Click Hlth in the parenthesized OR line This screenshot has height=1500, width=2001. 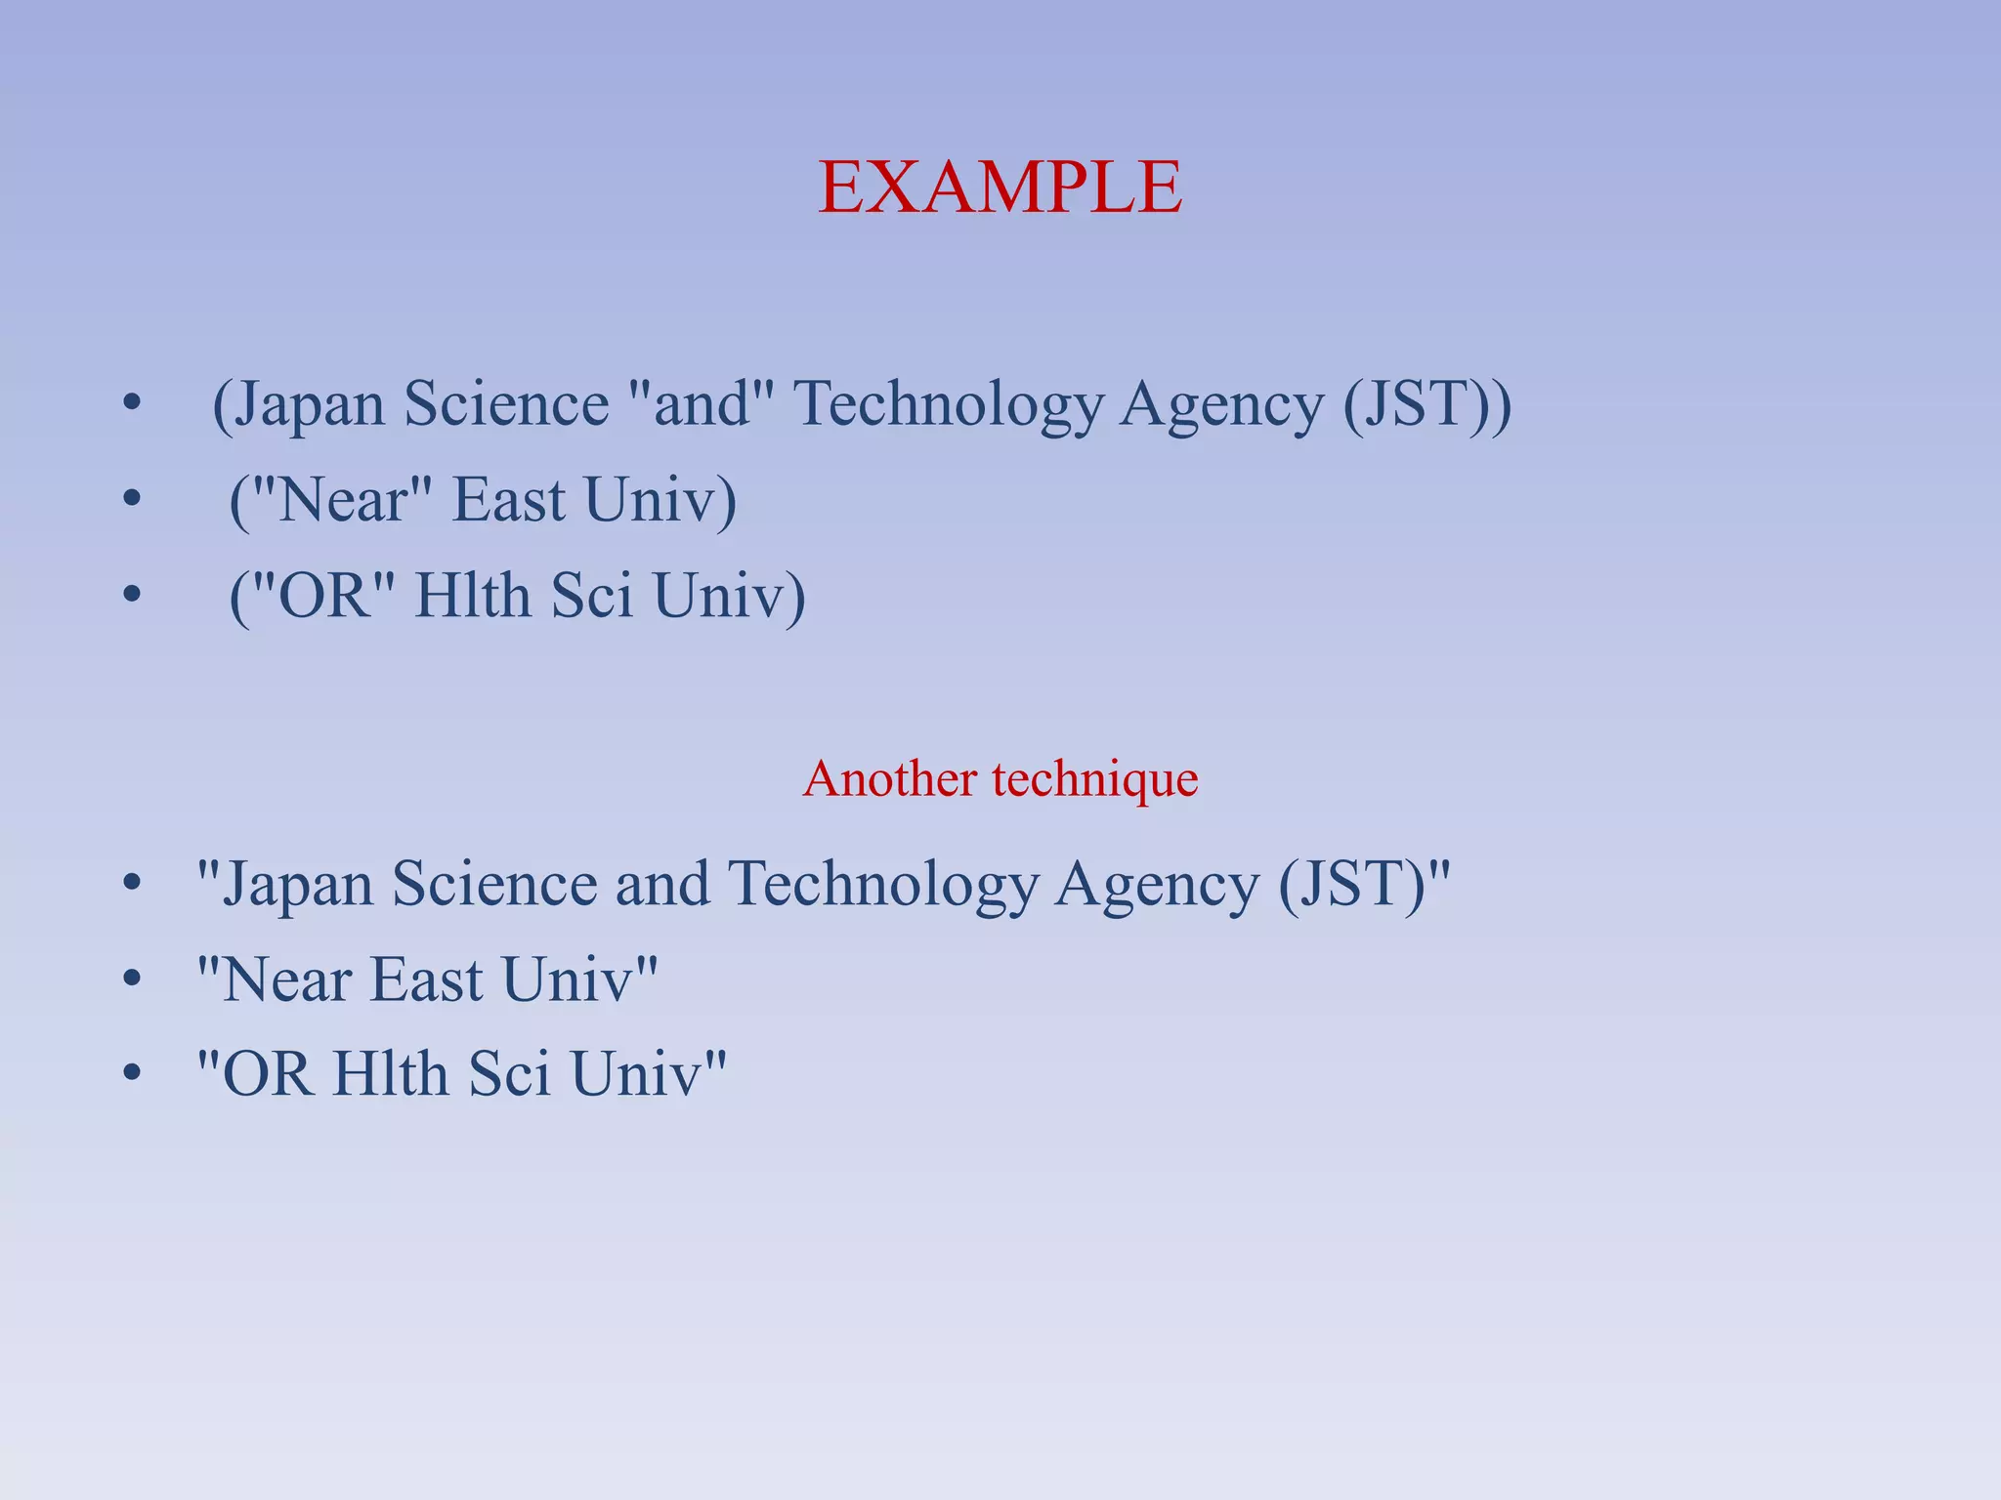pyautogui.click(x=471, y=596)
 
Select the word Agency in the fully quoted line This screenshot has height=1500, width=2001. pyautogui.click(x=1157, y=885)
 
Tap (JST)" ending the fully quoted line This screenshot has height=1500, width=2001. pyautogui.click(x=1364, y=885)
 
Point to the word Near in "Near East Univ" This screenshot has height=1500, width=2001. pyautogui.click(x=285, y=979)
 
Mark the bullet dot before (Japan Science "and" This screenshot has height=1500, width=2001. pyautogui.click(x=132, y=403)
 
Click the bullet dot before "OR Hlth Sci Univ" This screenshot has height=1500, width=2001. pyautogui.click(x=132, y=1074)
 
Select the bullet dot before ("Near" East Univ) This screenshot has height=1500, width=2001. pyautogui.click(x=132, y=500)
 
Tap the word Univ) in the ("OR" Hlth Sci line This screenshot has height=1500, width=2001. pyautogui.click(x=729, y=596)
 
